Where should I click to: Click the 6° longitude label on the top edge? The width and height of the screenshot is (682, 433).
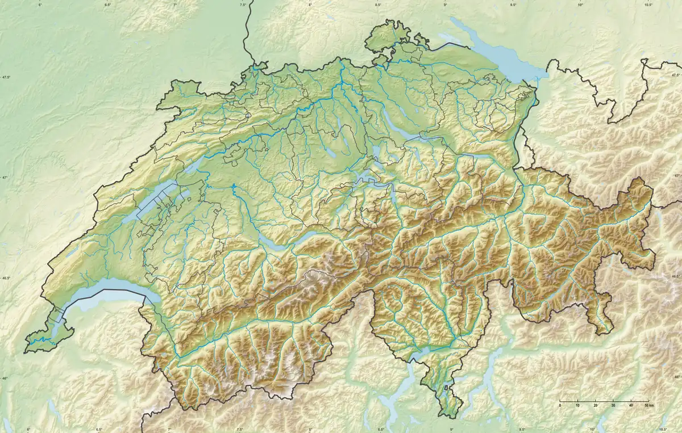tap(40, 5)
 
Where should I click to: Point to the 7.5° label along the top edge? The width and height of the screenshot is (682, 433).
tap(243, 5)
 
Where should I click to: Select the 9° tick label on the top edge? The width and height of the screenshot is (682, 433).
tap(445, 5)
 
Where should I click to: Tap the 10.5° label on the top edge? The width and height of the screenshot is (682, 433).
tap(648, 5)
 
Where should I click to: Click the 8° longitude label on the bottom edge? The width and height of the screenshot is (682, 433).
tap(310, 429)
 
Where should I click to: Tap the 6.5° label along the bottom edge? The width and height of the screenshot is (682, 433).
tap(99, 429)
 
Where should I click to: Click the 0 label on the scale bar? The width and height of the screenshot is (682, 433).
tap(560, 405)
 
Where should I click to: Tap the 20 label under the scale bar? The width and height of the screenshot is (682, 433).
tap(595, 405)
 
